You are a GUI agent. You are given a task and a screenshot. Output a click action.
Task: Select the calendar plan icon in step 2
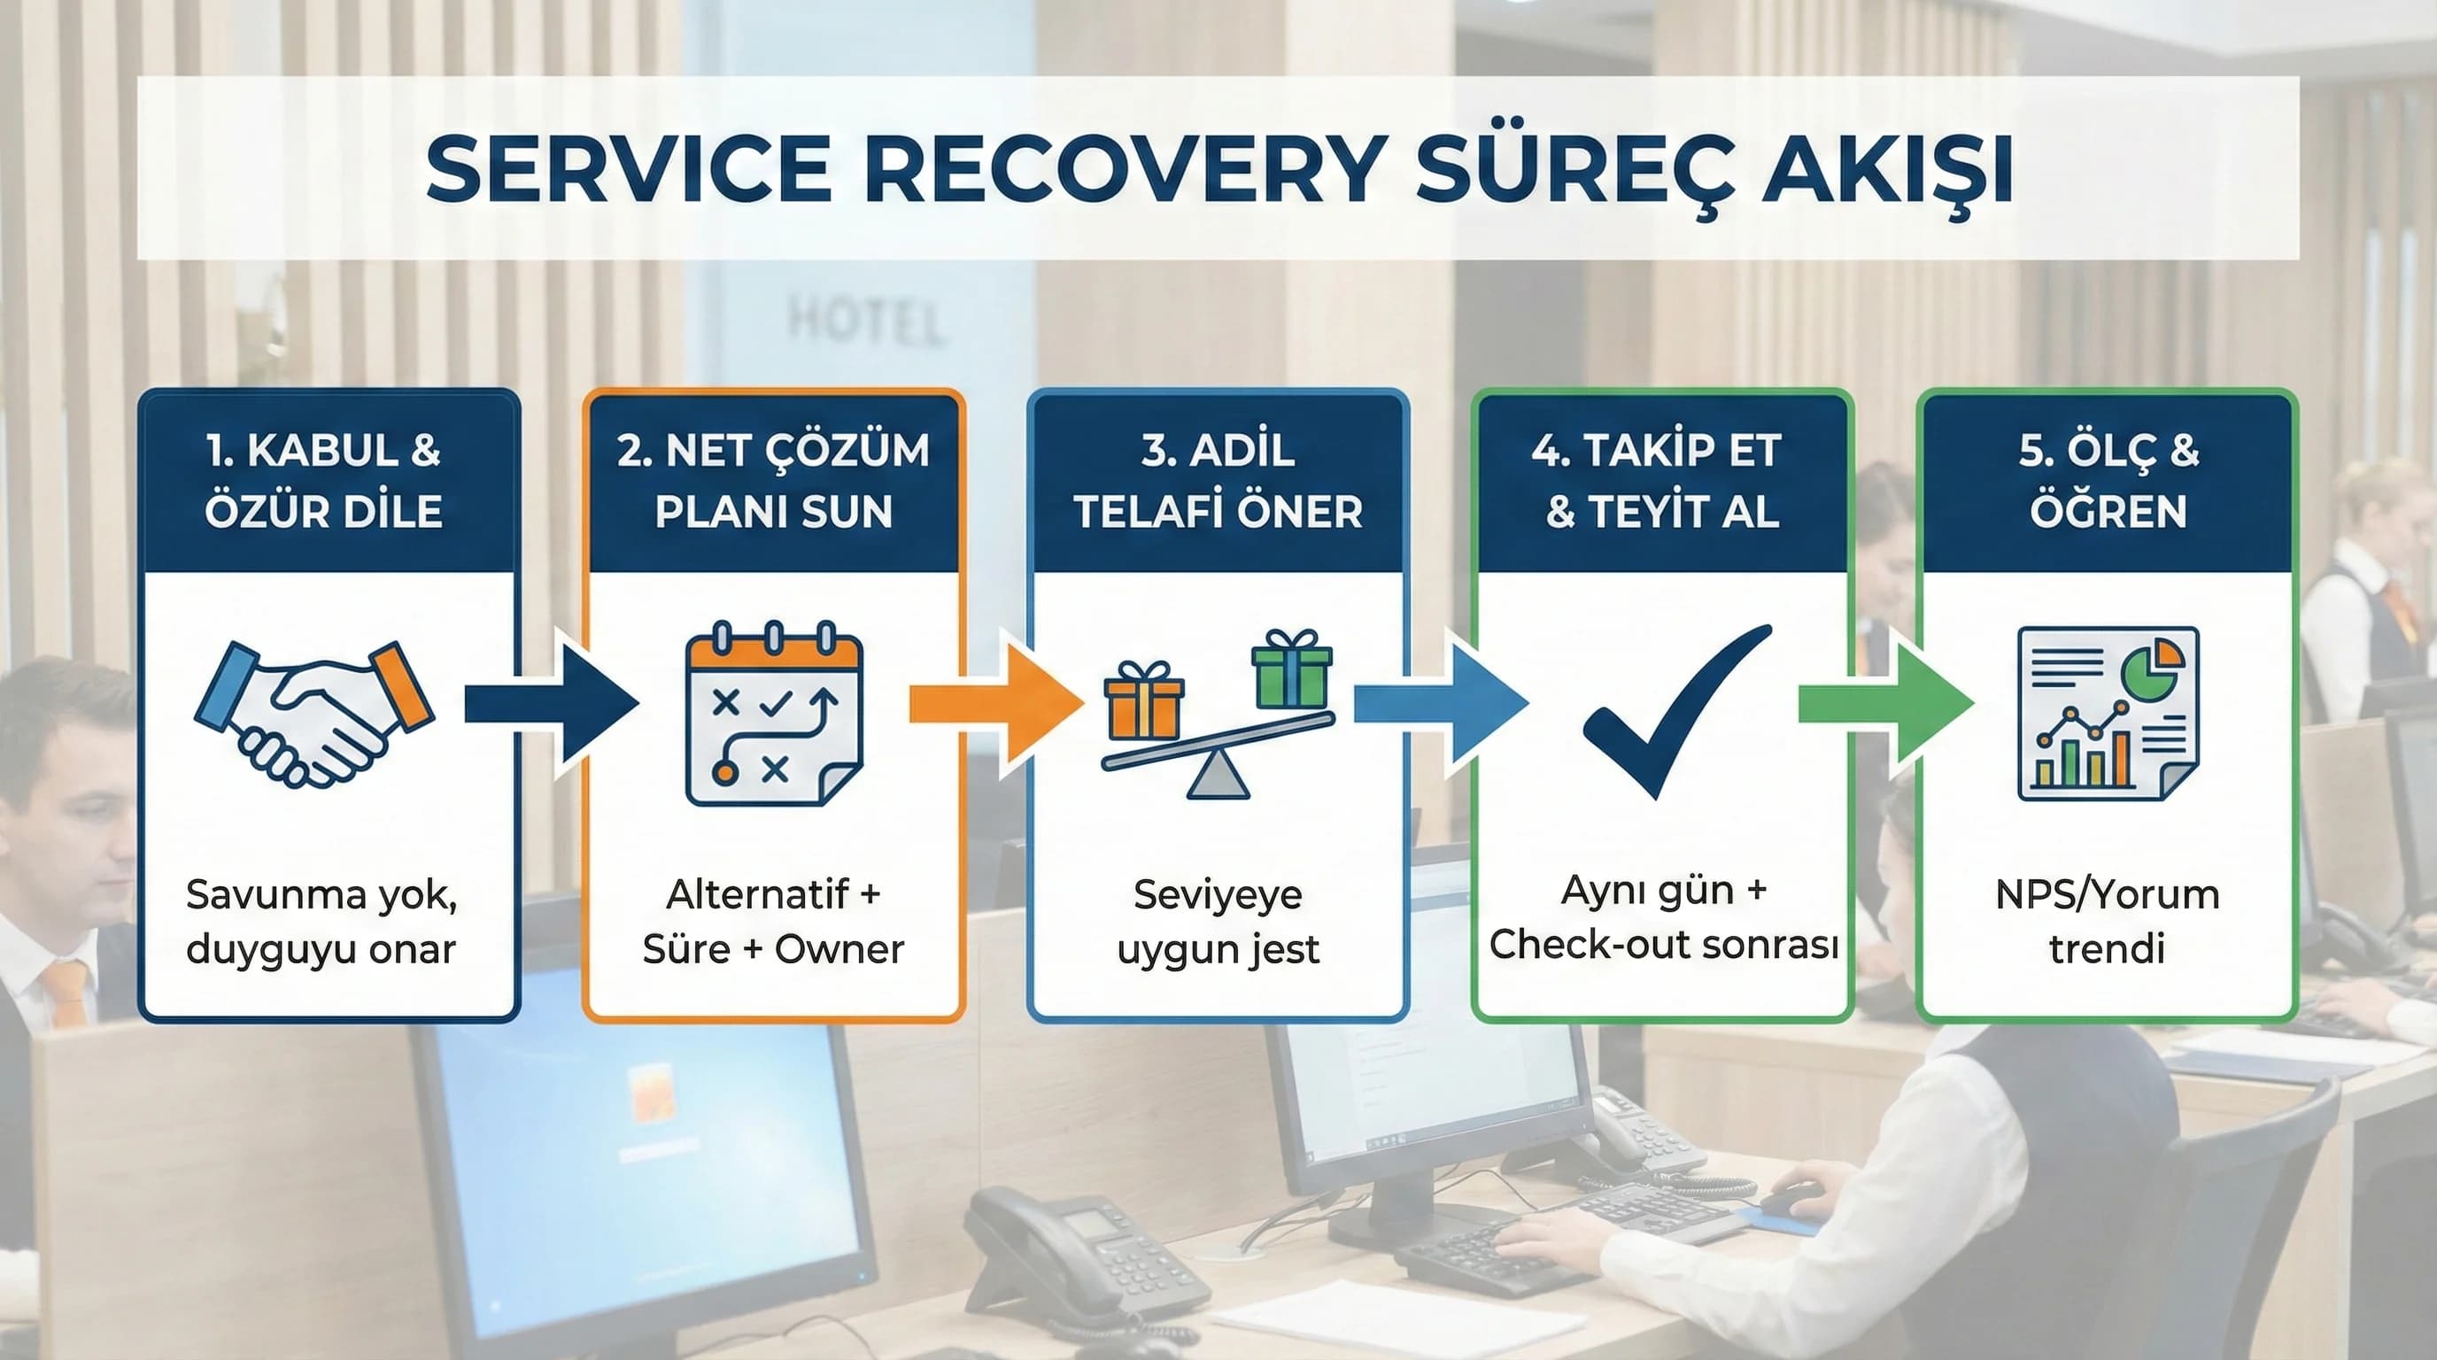[x=774, y=714]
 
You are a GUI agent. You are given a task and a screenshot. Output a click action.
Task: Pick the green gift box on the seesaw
[x=1291, y=669]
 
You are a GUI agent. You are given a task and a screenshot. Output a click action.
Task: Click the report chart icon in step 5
[x=2108, y=714]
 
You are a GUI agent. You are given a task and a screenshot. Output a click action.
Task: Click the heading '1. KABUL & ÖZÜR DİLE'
[x=323, y=481]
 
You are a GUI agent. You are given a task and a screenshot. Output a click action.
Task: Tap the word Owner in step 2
[x=839, y=948]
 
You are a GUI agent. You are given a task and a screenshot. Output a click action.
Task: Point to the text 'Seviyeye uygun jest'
[x=1218, y=921]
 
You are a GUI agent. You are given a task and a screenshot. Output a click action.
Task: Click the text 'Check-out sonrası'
[x=1663, y=944]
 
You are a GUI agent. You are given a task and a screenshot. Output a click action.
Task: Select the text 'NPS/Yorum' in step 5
[x=2107, y=894]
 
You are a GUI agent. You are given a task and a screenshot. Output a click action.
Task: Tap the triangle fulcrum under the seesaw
[x=1218, y=776]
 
